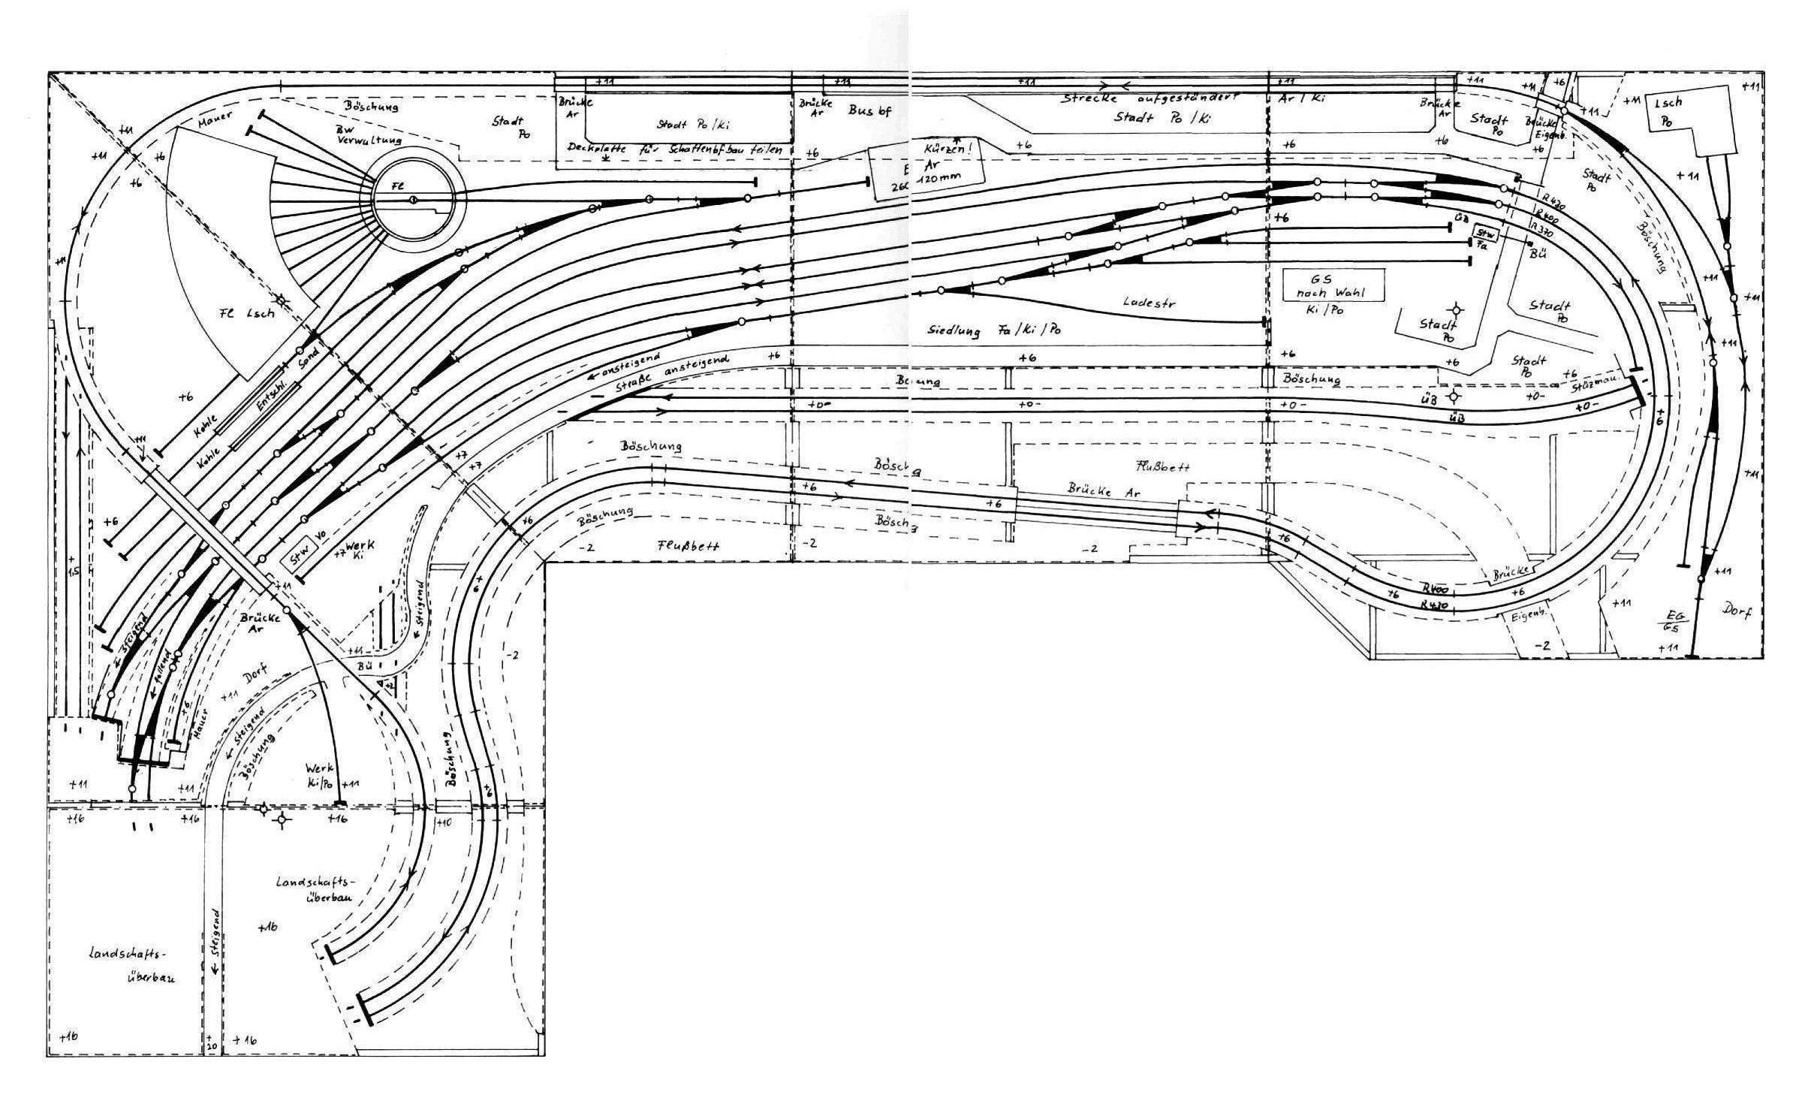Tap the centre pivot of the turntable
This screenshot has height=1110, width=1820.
click(x=412, y=200)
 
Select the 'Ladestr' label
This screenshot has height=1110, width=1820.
click(x=1148, y=303)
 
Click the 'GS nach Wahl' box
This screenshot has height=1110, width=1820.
click(x=1333, y=285)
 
